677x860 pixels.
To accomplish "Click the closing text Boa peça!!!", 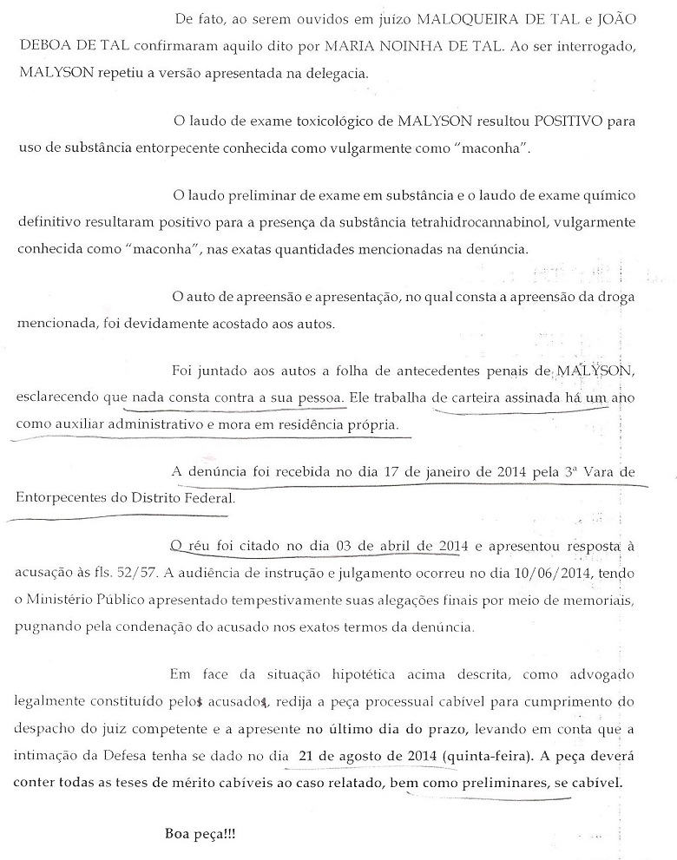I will point(200,834).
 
